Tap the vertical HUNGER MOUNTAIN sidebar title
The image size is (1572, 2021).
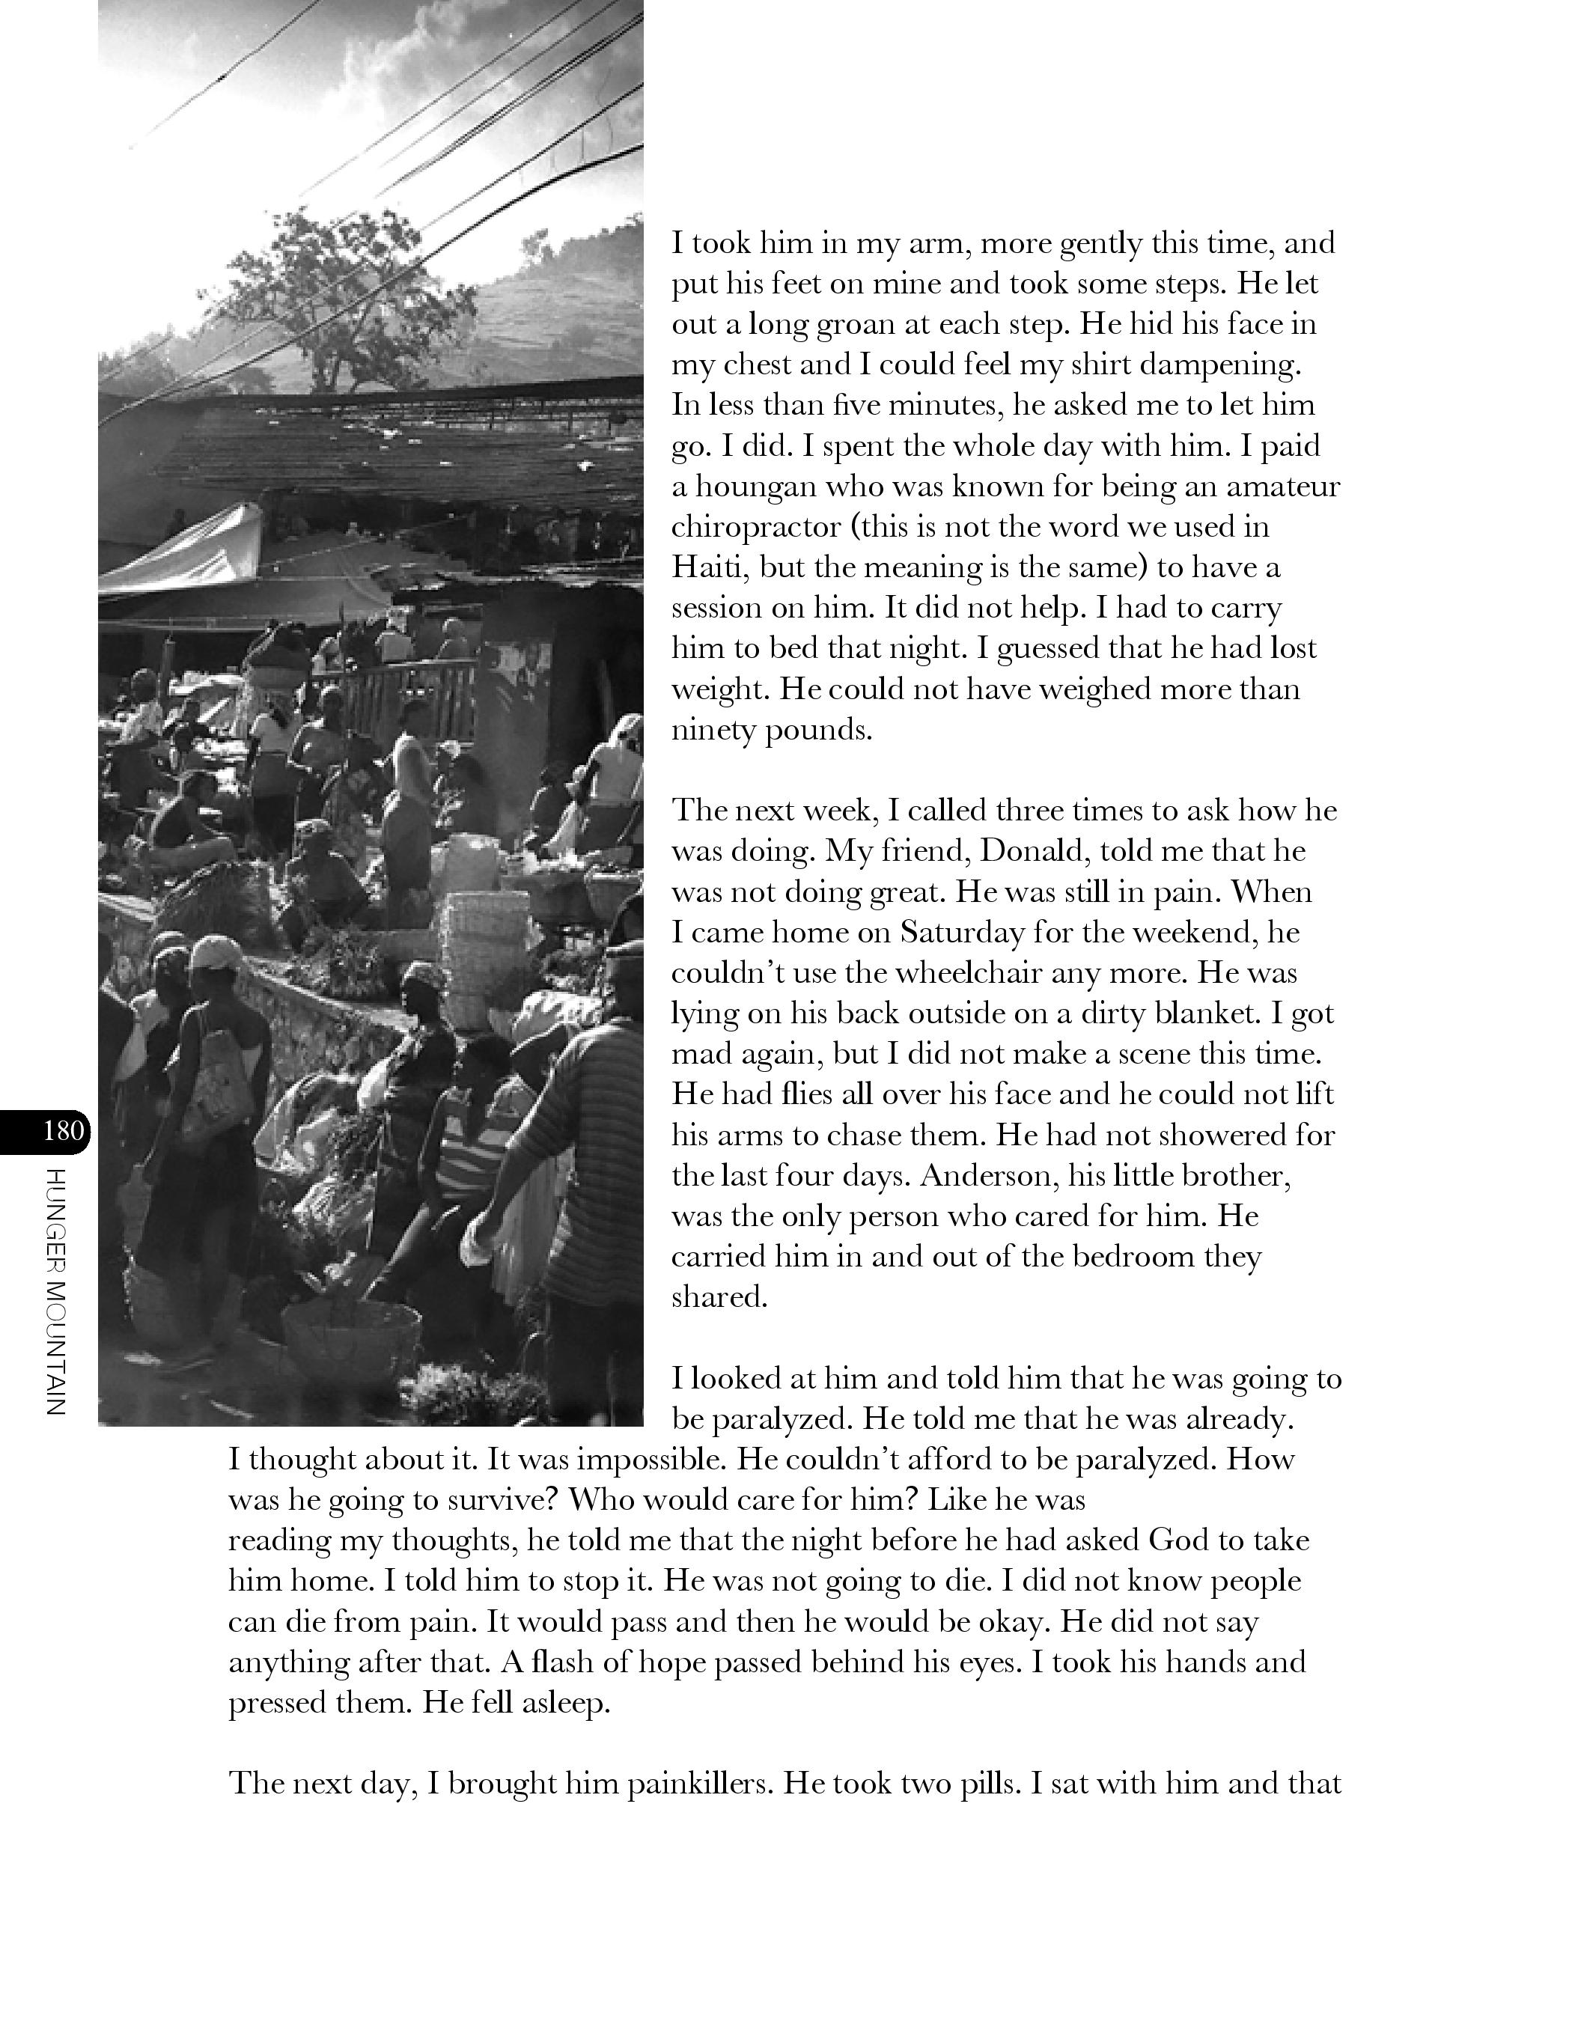(x=55, y=1293)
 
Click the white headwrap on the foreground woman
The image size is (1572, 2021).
(x=216, y=952)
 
